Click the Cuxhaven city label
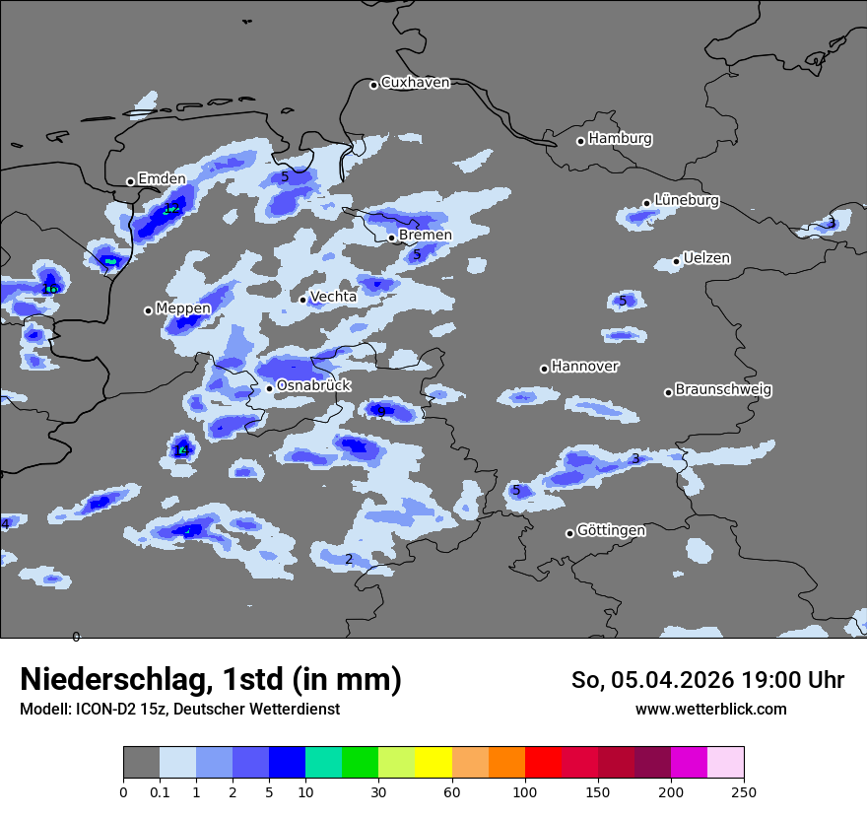pyautogui.click(x=415, y=83)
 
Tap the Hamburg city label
pyautogui.click(x=620, y=139)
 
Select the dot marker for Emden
pyautogui.click(x=130, y=181)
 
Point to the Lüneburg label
pyautogui.click(x=686, y=200)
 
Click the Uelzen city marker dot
pyautogui.click(x=676, y=261)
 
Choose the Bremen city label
pyautogui.click(x=425, y=236)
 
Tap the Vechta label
pyautogui.click(x=333, y=297)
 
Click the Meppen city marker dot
pyautogui.click(x=148, y=310)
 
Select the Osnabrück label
pyautogui.click(x=313, y=385)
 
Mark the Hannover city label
pyautogui.click(x=584, y=367)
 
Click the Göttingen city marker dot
pyautogui.click(x=569, y=533)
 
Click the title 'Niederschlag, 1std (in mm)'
pyautogui.click(x=211, y=680)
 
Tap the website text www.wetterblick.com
pyautogui.click(x=710, y=710)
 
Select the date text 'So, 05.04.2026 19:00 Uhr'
pyautogui.click(x=707, y=680)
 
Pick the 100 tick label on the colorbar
pyautogui.click(x=525, y=792)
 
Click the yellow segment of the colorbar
pyautogui.click(x=433, y=763)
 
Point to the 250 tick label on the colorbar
pyautogui.click(x=744, y=792)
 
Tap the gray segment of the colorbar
pyautogui.click(x=141, y=763)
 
